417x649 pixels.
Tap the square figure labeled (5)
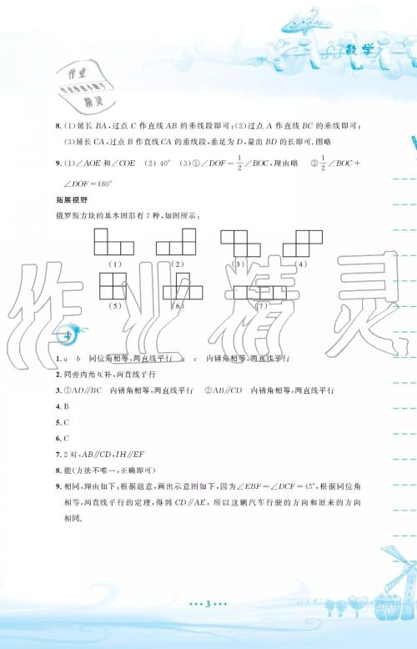point(113,289)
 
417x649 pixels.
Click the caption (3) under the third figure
point(239,264)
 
